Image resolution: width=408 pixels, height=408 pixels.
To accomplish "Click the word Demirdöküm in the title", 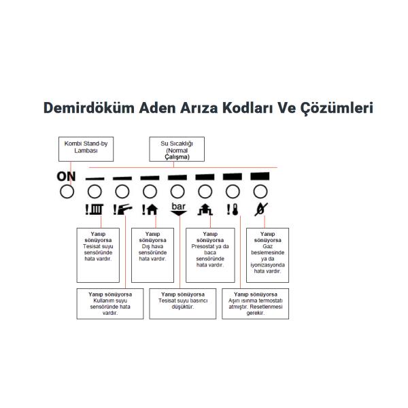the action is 89,107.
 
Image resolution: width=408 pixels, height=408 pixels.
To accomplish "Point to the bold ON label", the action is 66,176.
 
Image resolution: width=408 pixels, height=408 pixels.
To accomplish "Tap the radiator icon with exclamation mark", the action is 95,209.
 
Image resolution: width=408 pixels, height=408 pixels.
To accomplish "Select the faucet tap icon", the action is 122,209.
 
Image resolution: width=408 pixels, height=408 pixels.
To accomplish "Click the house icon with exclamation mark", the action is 150,209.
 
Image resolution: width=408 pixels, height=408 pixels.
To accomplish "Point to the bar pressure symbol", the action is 178,209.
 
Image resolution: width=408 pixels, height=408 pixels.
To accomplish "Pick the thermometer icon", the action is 233,209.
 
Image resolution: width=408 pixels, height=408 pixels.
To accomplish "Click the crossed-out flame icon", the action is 261,209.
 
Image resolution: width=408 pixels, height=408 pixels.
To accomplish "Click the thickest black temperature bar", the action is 260,176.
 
